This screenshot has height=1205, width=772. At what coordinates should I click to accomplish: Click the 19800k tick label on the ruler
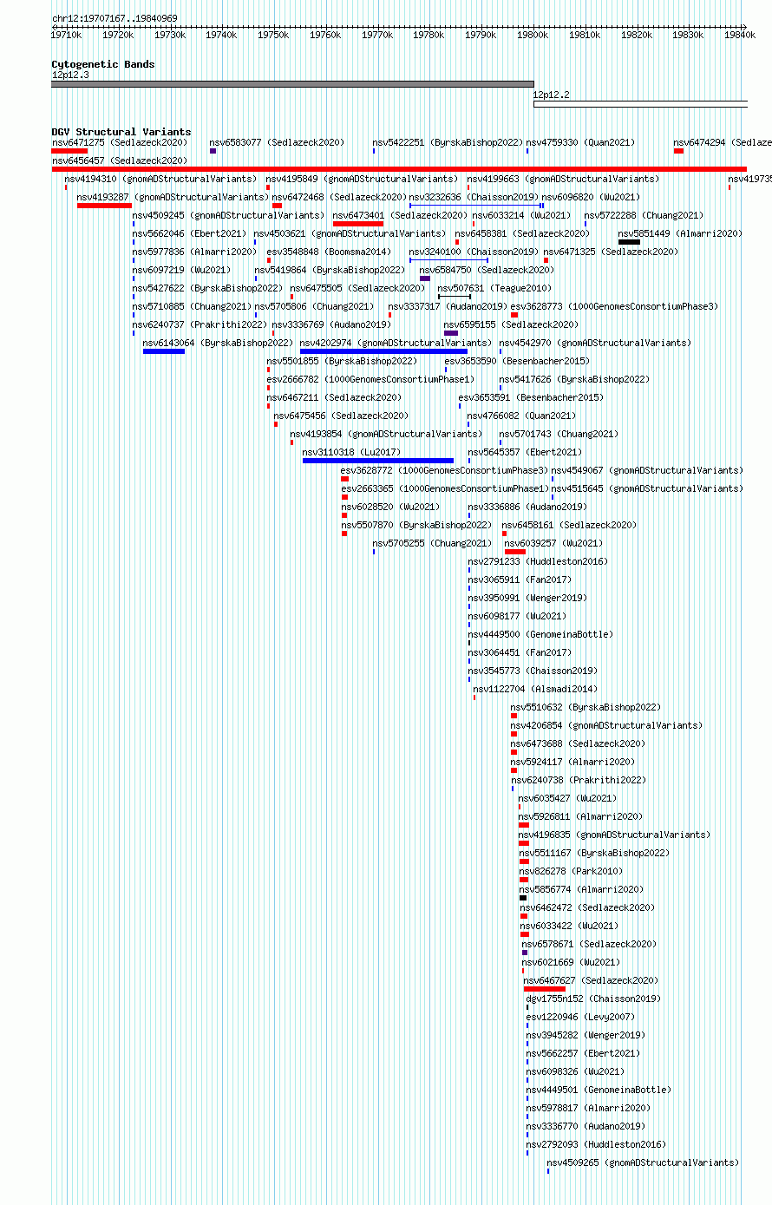click(533, 35)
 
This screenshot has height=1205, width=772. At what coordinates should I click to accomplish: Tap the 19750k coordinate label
click(273, 35)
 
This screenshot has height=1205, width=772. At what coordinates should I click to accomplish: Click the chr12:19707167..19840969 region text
click(114, 18)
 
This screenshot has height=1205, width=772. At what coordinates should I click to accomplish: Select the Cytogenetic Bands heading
click(102, 64)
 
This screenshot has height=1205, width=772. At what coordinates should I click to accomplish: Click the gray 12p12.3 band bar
click(292, 84)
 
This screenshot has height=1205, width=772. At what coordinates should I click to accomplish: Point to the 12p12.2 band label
click(551, 95)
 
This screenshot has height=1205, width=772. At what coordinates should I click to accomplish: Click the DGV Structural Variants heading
click(121, 132)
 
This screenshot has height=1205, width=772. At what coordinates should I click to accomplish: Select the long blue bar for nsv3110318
click(378, 461)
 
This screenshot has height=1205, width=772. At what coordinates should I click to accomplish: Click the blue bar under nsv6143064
click(164, 351)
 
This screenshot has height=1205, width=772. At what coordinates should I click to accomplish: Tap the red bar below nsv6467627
click(545, 989)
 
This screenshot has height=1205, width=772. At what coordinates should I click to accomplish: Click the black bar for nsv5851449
click(630, 242)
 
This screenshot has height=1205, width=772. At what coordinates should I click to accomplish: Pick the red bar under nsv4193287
click(104, 206)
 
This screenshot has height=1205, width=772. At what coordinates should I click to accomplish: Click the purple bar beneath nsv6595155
click(451, 333)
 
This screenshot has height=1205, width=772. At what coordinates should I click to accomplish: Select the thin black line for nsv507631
click(455, 297)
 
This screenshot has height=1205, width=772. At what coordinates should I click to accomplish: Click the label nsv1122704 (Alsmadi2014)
click(535, 689)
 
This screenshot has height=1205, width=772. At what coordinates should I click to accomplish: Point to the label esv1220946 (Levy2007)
click(580, 1018)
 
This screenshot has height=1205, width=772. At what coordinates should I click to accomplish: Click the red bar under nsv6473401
click(358, 224)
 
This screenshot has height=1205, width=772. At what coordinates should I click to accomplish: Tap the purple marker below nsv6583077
click(213, 151)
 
